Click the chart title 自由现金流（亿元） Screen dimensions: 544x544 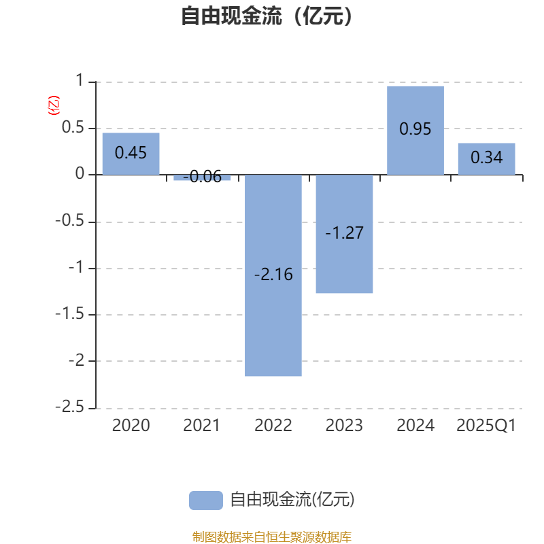(267, 16)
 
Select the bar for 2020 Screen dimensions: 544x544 (131, 154)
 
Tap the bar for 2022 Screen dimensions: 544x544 (273, 275)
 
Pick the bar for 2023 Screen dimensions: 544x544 (344, 234)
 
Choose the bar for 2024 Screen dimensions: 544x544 (415, 131)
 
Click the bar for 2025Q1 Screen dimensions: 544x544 (486, 159)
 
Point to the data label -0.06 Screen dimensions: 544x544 (202, 177)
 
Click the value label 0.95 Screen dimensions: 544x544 (415, 129)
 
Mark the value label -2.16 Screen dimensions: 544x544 (273, 275)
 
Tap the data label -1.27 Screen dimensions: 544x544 (344, 233)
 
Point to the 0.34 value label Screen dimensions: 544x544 (486, 157)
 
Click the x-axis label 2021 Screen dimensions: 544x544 (201, 426)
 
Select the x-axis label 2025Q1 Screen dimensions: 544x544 (486, 426)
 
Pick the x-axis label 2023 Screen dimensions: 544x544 (344, 426)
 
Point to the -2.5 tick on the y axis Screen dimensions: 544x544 (70, 407)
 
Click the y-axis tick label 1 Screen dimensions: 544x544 (80, 80)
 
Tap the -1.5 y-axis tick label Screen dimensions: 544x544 (70, 313)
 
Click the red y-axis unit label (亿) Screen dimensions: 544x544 (54, 105)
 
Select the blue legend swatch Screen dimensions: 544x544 (206, 500)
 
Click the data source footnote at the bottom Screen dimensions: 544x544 (271, 537)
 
